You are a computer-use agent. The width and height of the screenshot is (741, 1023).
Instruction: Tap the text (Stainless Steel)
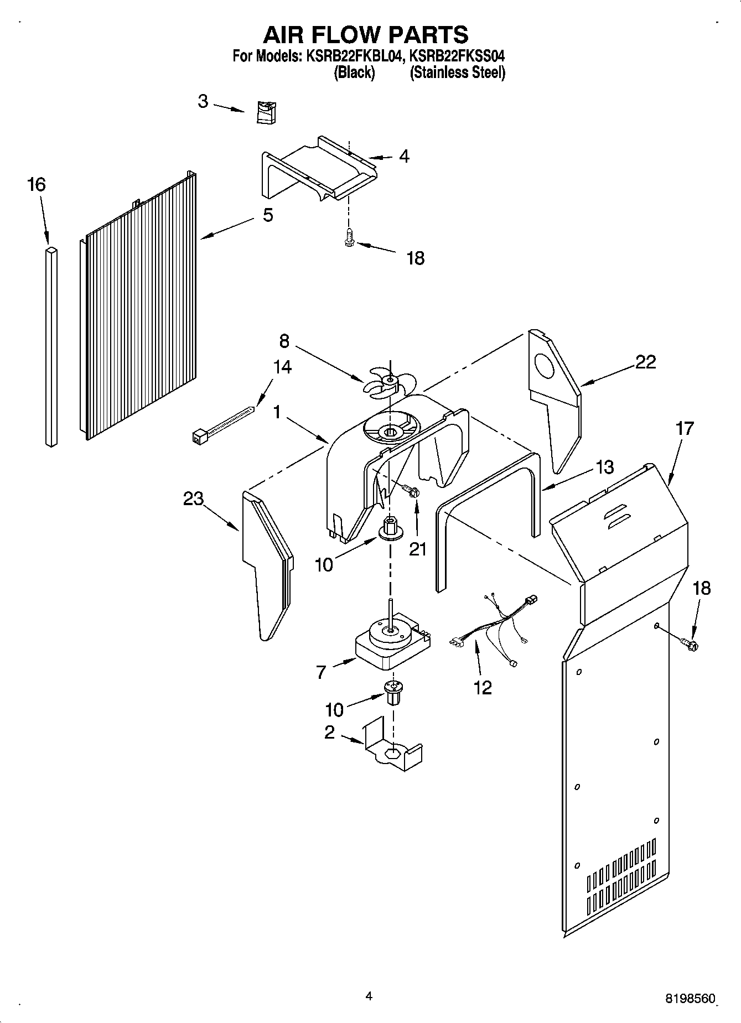click(457, 72)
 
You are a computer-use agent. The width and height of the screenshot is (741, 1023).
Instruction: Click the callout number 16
click(37, 184)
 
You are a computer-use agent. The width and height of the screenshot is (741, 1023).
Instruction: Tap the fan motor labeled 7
click(391, 645)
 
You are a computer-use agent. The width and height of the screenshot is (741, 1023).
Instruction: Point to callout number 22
click(645, 362)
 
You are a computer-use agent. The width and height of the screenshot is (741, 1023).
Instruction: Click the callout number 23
click(194, 498)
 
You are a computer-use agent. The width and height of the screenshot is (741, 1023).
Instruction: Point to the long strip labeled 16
click(51, 346)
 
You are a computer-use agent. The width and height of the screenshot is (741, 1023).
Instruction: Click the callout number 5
click(268, 215)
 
